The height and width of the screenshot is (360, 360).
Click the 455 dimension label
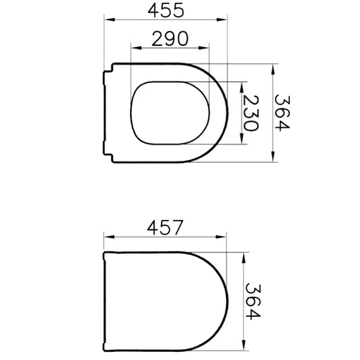coord(166,11)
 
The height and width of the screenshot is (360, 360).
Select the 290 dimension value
coord(170,38)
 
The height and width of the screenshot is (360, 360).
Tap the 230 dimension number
coord(251,113)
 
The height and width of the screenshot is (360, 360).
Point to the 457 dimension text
coord(165,227)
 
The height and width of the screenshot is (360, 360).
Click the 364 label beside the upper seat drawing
coord(283,113)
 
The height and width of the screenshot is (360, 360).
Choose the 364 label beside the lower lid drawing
coord(253,301)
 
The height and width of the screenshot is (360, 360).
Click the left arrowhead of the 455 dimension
coord(110,20)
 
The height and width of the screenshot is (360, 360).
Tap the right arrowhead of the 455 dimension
coord(221,20)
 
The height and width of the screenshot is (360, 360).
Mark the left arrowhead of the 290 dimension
coord(136,48)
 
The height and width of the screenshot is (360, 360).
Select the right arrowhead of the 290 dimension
coord(204,48)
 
